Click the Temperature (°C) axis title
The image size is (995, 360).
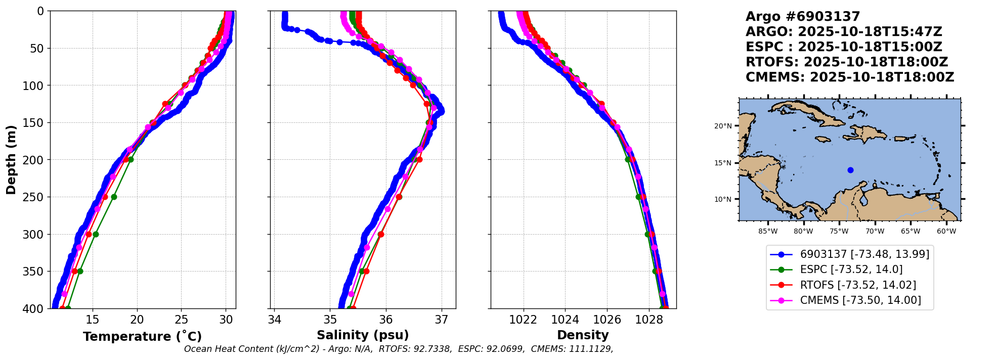(142, 336)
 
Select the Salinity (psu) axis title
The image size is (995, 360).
(363, 335)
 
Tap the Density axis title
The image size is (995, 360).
(583, 335)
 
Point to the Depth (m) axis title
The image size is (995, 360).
(11, 159)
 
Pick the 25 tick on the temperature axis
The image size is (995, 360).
(182, 320)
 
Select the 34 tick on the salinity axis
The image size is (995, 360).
(274, 320)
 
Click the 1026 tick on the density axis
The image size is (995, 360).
(607, 320)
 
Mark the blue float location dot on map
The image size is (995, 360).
(850, 170)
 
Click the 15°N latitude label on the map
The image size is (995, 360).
(723, 163)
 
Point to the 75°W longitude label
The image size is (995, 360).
(839, 231)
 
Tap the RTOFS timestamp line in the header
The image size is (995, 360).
(847, 62)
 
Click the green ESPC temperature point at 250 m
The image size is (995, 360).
(114, 197)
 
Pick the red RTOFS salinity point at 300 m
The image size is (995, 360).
(381, 234)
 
